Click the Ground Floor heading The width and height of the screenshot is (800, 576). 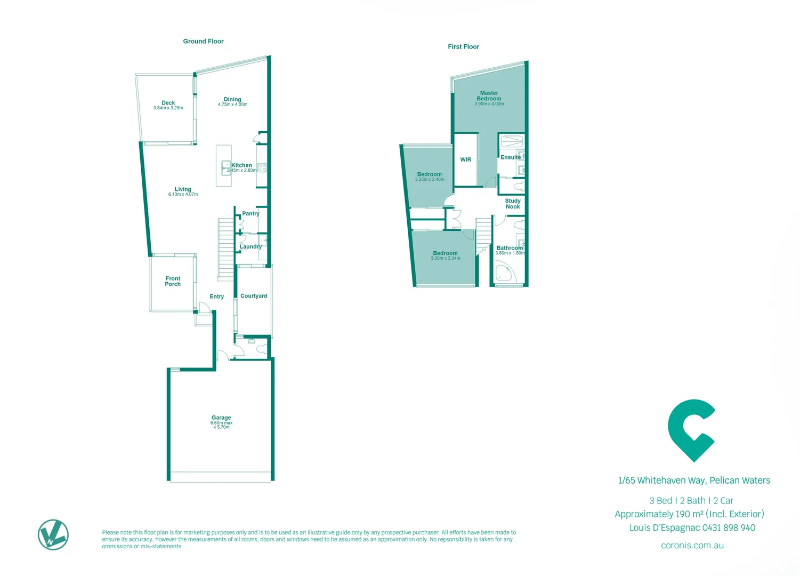203,41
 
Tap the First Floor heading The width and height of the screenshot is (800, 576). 463,47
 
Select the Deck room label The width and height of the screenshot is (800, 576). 168,103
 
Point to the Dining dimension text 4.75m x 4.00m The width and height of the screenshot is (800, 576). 232,105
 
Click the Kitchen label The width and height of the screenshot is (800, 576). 241,165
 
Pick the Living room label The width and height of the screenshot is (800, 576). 183,189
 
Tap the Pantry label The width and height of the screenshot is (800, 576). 250,213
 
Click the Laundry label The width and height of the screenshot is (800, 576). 250,246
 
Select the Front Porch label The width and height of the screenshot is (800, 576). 173,281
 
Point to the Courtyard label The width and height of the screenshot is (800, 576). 254,296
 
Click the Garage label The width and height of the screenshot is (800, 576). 221,418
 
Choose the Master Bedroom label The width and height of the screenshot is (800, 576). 489,96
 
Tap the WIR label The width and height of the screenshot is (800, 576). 466,159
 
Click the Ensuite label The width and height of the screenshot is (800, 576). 511,157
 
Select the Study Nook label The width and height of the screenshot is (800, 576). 513,204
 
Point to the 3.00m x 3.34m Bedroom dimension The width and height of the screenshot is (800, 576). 446,259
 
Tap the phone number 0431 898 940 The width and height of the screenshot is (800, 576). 729,527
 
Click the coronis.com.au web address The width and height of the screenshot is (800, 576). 692,546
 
